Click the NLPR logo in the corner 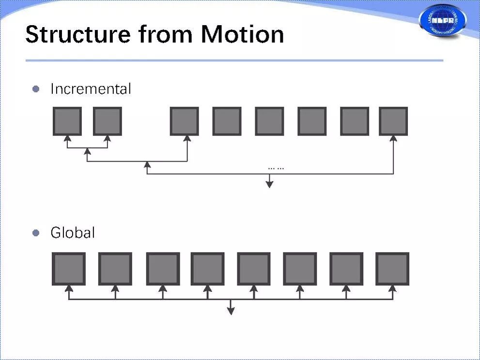(443, 20)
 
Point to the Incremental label (91, 89)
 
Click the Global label (73, 233)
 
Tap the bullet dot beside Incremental (35, 89)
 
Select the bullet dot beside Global (35, 233)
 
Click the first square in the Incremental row (67, 121)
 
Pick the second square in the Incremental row (107, 121)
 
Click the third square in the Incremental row (185, 121)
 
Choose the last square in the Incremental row (393, 121)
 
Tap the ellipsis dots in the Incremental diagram (276, 168)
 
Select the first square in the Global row (69, 269)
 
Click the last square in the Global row (392, 269)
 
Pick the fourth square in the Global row (207, 269)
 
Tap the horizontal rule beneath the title (234, 60)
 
